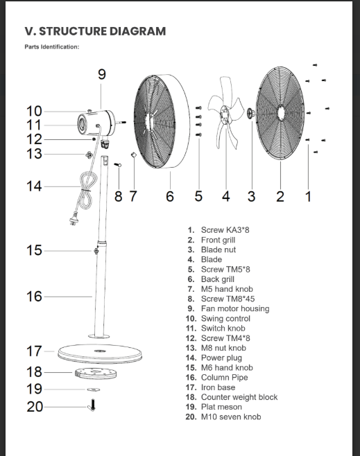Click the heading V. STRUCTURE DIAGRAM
(95, 31)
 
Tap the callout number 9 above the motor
(101, 74)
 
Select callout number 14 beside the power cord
(34, 186)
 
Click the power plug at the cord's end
(74, 219)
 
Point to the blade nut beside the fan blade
(250, 112)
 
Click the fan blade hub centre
(224, 114)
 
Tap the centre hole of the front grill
(280, 112)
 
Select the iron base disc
(100, 353)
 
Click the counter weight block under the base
(96, 374)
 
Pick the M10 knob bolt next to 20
(92, 405)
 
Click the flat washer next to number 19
(94, 389)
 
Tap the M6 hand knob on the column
(96, 250)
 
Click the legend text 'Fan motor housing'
(235, 308)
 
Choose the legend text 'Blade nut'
(218, 249)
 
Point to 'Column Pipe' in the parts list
(224, 377)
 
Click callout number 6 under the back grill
(170, 196)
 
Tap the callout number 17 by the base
(34, 351)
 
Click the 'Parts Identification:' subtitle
(52, 47)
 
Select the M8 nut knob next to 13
(89, 155)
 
